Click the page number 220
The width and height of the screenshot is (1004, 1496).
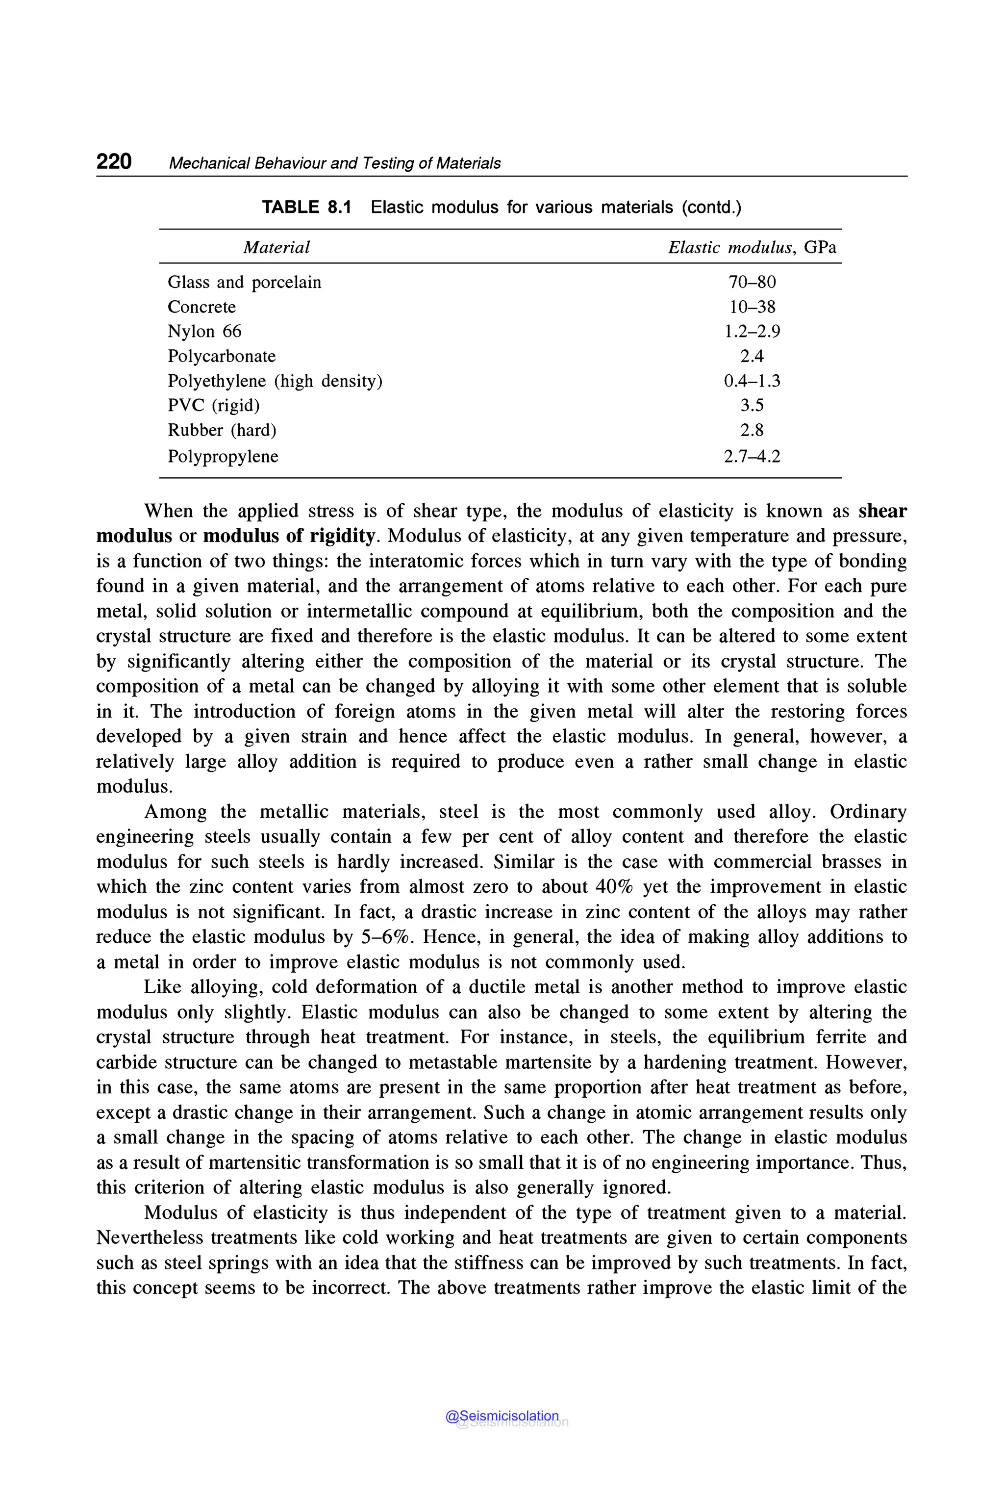[114, 161]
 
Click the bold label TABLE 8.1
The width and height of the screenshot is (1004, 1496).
[307, 207]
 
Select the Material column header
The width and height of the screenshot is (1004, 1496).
[276, 247]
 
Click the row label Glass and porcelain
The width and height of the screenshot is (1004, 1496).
[244, 283]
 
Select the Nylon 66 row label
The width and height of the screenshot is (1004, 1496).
[204, 331]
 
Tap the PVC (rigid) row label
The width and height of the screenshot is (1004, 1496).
[213, 406]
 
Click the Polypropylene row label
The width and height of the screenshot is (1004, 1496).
[223, 457]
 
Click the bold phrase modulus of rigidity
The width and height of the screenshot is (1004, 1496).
[289, 536]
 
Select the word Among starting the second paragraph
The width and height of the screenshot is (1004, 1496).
[176, 812]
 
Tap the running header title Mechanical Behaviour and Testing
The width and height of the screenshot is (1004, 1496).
[334, 163]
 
